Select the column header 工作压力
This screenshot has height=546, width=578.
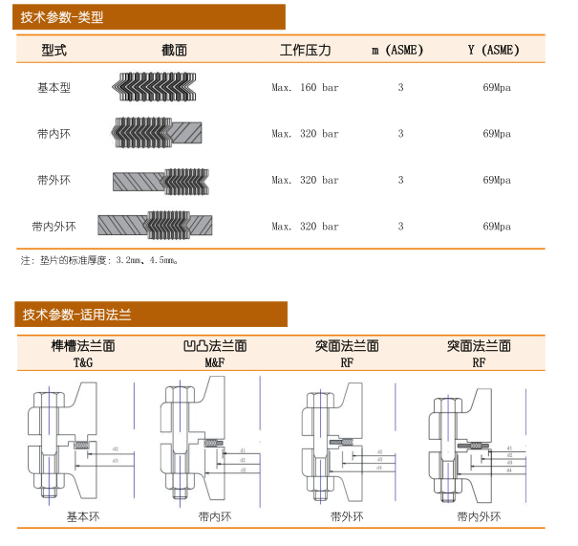305,51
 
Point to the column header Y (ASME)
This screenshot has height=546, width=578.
494,51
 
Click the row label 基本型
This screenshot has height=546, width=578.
54,88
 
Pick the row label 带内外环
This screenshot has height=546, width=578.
54,227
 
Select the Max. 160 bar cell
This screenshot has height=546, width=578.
305,88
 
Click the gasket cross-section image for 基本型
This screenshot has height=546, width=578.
157,87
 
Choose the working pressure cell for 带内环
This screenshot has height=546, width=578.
305,134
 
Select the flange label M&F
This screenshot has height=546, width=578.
214,362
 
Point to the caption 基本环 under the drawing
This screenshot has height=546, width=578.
82,516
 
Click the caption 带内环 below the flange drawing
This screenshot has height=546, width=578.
214,516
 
